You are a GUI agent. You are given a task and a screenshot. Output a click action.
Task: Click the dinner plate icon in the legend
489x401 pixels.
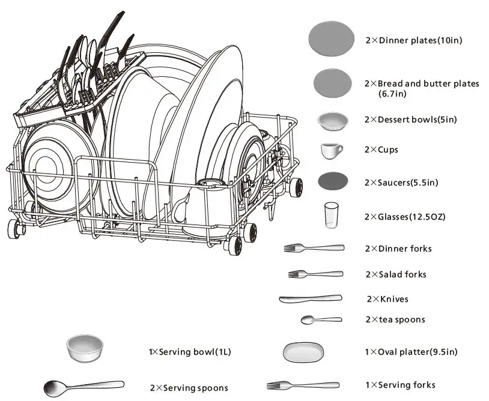coord(331,40)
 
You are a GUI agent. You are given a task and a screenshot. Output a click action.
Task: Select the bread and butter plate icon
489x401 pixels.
coord(333,83)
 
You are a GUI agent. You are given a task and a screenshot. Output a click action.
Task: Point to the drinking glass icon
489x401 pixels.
coord(331,215)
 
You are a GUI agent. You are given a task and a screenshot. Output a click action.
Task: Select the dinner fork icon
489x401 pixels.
coord(314,248)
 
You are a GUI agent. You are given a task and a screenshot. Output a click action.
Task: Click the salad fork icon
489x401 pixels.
coord(315,274)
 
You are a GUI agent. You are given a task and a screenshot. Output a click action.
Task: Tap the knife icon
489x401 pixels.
coord(310,298)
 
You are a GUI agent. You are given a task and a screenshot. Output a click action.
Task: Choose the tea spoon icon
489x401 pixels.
coord(321,320)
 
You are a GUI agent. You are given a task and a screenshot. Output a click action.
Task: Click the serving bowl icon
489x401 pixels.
coord(84,349)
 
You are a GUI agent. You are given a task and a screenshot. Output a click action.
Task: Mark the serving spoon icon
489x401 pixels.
coord(84,385)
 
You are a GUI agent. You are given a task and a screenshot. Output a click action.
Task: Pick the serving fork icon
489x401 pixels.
coord(303,385)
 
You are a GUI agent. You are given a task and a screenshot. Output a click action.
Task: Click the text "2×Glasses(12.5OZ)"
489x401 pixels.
coord(404,216)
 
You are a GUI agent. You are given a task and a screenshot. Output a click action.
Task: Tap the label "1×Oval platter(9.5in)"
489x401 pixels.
coord(412,352)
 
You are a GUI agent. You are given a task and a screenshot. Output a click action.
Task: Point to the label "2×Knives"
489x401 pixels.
coord(387,299)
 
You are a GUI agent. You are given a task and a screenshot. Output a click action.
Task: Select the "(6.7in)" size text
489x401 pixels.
coord(392,94)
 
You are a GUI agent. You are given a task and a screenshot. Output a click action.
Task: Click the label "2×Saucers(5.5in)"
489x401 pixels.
coord(401,182)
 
